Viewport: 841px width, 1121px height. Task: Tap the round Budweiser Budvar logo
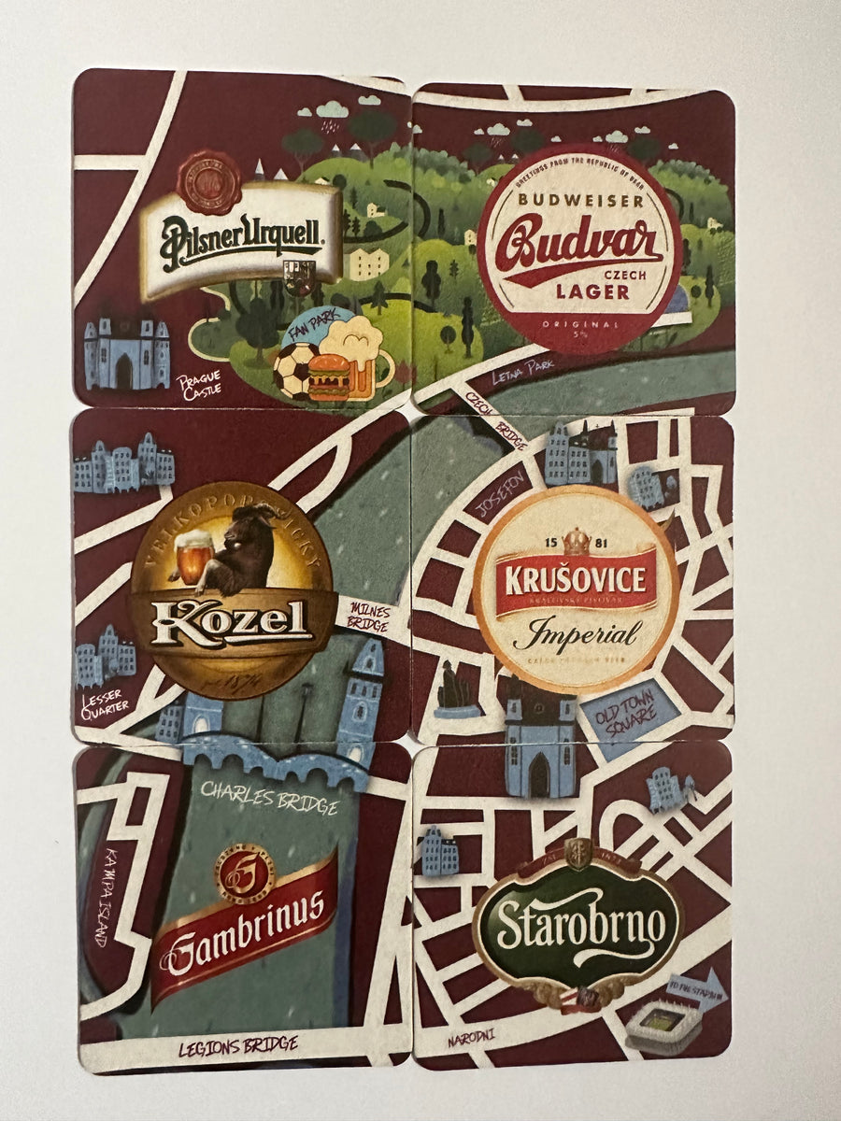click(579, 248)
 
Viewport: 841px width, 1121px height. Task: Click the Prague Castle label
click(200, 384)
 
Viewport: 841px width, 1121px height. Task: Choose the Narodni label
click(471, 1034)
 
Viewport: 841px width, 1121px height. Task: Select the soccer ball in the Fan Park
click(295, 370)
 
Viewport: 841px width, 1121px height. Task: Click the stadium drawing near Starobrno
click(663, 1026)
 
